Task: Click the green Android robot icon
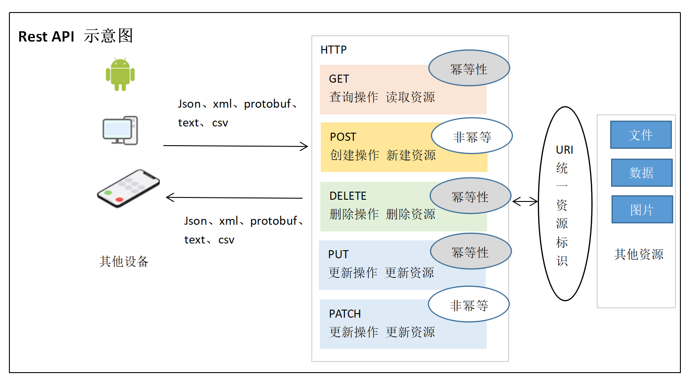click(x=120, y=75)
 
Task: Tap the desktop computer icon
click(x=120, y=130)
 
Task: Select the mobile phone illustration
click(x=128, y=188)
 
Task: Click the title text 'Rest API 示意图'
click(x=76, y=36)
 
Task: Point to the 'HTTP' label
click(x=333, y=50)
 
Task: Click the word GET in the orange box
click(x=339, y=79)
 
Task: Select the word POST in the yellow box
click(x=343, y=137)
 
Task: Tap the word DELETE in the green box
click(x=348, y=196)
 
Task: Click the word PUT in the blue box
click(x=338, y=254)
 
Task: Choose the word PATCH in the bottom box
click(x=344, y=314)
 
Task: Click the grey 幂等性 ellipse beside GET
click(x=469, y=68)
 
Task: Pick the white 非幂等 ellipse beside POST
click(x=471, y=136)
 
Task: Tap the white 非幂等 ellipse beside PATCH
click(x=468, y=304)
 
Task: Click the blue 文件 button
click(x=641, y=135)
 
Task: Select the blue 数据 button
click(x=641, y=172)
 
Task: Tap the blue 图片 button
click(x=642, y=210)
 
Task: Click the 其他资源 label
click(x=638, y=254)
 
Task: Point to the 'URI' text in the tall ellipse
click(x=564, y=150)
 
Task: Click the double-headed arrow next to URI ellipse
click(x=525, y=202)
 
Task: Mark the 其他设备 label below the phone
click(x=124, y=261)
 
